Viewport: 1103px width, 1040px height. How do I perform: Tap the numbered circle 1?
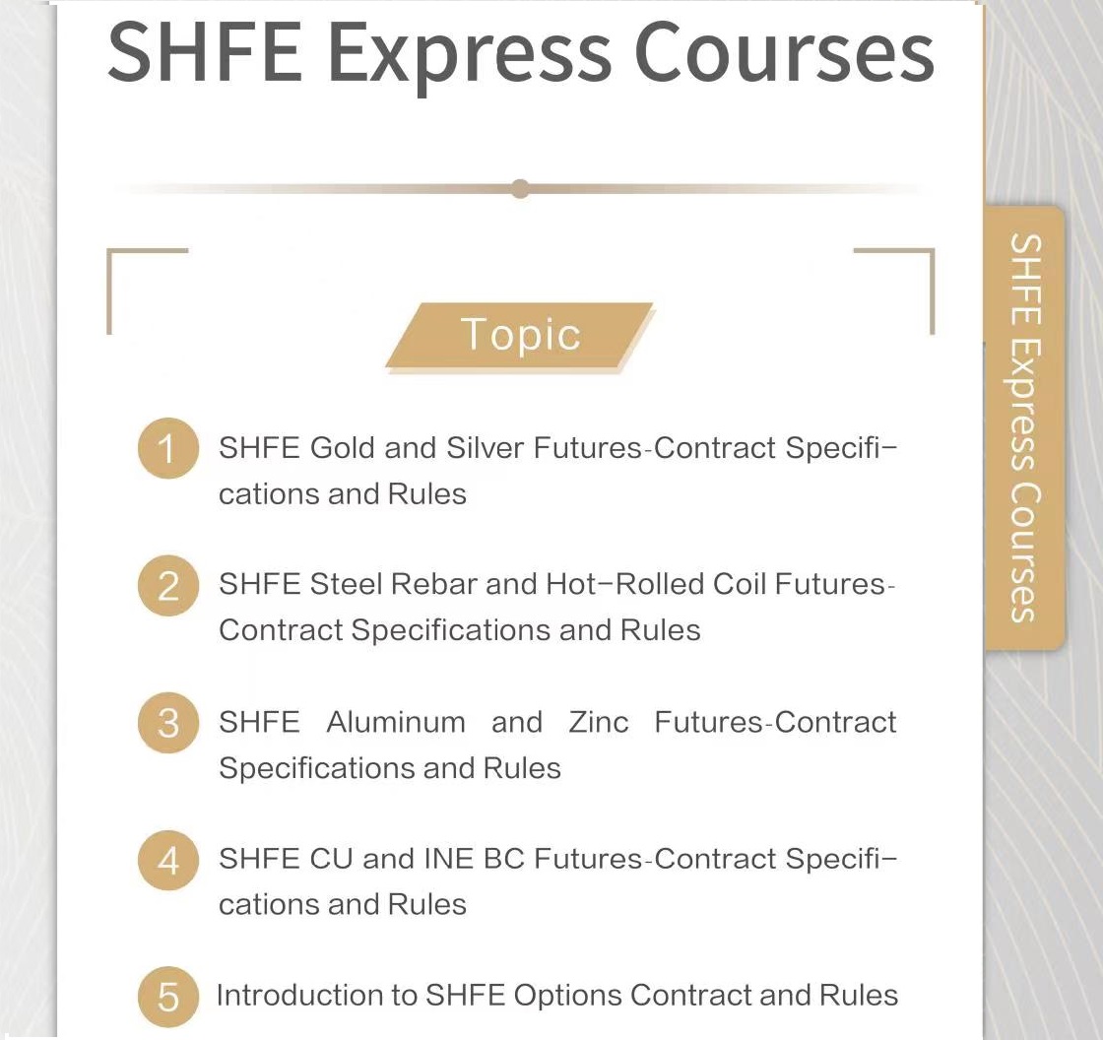(168, 448)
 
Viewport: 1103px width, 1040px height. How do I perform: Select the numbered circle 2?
(168, 585)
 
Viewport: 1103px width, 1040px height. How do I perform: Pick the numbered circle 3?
(168, 723)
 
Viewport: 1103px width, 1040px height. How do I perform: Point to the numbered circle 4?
(168, 860)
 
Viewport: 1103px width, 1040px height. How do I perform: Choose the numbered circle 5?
(168, 997)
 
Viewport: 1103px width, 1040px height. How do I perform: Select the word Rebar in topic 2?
(433, 584)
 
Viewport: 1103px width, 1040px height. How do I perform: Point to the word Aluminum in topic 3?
(395, 722)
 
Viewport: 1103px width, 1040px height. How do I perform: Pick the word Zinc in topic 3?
(599, 722)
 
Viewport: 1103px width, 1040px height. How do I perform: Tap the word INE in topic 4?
(448, 859)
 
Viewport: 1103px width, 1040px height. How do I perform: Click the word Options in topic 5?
(567, 996)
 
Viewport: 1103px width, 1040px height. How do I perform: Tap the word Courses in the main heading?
(784, 53)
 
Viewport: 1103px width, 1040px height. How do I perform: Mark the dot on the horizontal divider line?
(521, 188)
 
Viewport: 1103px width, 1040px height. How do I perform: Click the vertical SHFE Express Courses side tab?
(1025, 427)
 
